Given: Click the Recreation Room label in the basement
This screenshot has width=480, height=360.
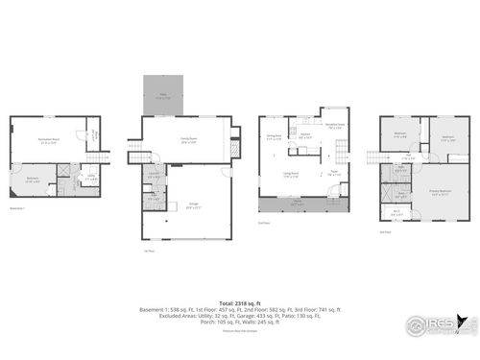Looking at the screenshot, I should point(45,140).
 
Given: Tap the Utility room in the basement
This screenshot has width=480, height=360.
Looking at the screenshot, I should point(89,178).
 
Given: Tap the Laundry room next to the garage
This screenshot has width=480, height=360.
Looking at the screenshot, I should point(154,176).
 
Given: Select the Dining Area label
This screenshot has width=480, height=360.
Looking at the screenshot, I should point(274,136).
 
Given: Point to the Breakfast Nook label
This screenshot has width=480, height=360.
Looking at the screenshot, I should point(336,126).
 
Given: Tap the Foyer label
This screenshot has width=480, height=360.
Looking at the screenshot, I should point(333,174).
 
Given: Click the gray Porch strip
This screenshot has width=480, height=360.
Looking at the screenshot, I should point(295,204).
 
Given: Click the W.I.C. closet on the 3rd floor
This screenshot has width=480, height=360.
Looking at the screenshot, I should point(396,212).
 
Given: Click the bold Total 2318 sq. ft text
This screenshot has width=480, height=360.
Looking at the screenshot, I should point(240,302).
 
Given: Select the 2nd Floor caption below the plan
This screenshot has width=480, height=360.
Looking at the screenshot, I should point(264,224).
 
